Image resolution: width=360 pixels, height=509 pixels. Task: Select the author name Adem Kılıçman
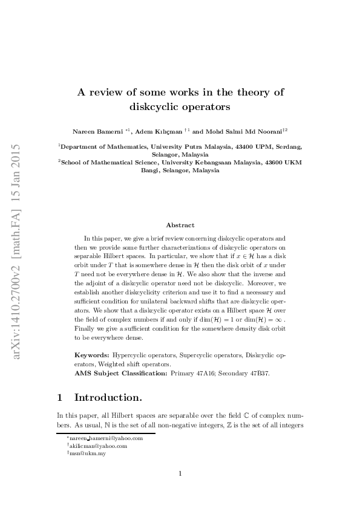(159, 131)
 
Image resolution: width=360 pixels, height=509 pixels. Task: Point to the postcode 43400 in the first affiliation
(243, 147)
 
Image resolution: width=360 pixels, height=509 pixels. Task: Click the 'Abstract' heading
(180, 225)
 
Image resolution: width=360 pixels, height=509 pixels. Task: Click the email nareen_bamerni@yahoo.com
(106, 438)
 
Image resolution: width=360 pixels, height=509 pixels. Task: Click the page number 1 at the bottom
(180, 473)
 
